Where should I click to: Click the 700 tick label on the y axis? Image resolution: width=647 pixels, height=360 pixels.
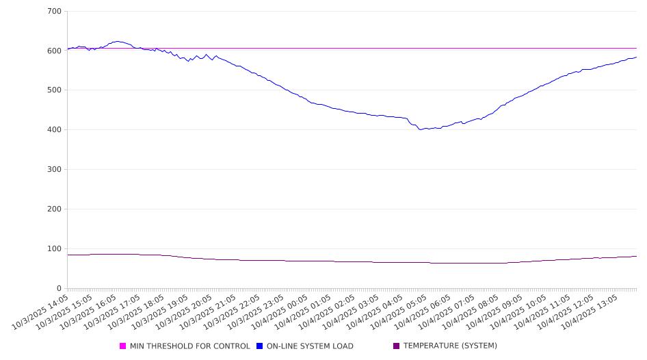[55, 11]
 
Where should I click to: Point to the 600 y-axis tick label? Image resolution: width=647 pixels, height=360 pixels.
[55, 51]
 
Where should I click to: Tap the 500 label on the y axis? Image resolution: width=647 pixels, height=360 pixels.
[55, 90]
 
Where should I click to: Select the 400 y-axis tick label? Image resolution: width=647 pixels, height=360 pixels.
[55, 130]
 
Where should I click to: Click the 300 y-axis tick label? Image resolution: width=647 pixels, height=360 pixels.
[55, 170]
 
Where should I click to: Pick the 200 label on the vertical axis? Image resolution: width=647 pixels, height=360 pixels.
[55, 209]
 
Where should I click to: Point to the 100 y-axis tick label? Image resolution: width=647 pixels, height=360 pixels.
[55, 249]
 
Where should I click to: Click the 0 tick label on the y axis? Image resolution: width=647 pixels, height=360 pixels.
[60, 289]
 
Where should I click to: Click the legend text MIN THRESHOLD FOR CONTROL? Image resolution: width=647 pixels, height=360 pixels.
[189, 346]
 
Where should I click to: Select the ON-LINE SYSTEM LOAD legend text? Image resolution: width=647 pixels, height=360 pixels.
[310, 346]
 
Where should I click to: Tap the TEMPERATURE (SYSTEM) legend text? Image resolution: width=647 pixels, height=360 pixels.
[450, 346]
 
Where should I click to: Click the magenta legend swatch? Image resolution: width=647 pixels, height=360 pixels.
[123, 346]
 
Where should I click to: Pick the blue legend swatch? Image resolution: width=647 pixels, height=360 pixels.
[260, 346]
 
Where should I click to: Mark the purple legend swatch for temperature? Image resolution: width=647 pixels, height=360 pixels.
[397, 346]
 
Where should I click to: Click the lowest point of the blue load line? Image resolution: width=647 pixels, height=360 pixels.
[421, 129]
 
